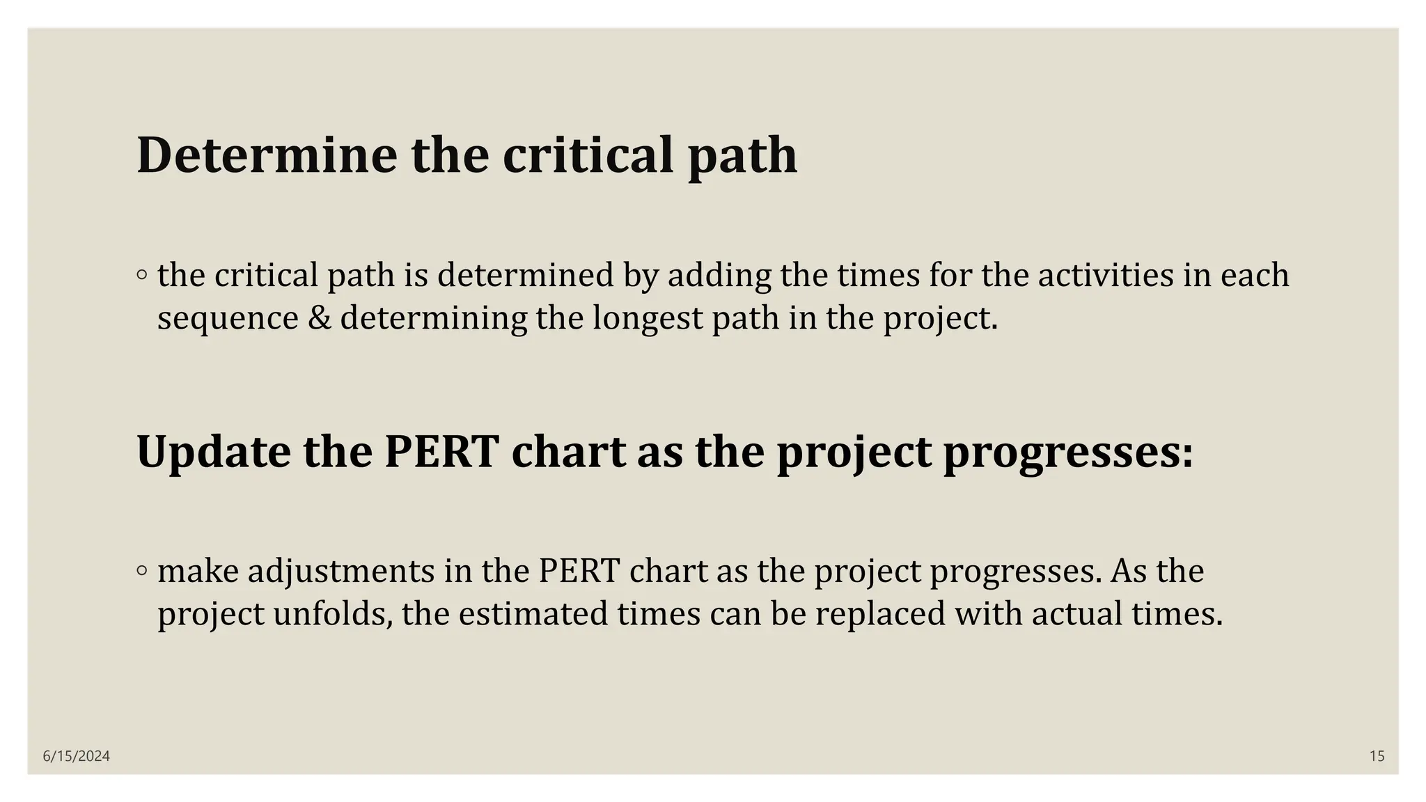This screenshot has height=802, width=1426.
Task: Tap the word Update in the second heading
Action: pos(213,451)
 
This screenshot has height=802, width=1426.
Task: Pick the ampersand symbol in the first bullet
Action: pos(319,318)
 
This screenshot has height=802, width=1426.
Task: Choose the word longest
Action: pos(648,318)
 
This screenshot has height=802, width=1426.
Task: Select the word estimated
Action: pos(533,614)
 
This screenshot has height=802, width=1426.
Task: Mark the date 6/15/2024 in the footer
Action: pos(76,756)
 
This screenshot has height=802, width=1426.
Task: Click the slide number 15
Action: pos(1377,756)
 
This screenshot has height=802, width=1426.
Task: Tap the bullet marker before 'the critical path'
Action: pos(142,276)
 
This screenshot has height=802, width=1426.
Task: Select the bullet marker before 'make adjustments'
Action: pos(142,572)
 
